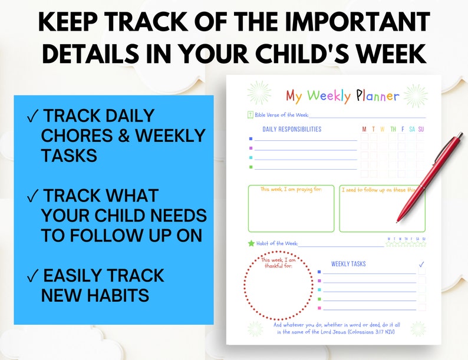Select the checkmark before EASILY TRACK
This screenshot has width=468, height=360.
(33, 276)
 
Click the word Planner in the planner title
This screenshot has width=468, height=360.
(377, 95)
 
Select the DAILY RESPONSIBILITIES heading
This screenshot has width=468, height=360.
(292, 129)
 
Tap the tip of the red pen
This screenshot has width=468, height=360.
(399, 220)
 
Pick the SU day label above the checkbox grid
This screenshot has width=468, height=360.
(421, 129)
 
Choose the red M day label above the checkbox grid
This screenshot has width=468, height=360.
(364, 129)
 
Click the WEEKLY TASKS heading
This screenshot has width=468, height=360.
(348, 264)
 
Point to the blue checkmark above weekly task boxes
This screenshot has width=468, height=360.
(421, 265)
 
